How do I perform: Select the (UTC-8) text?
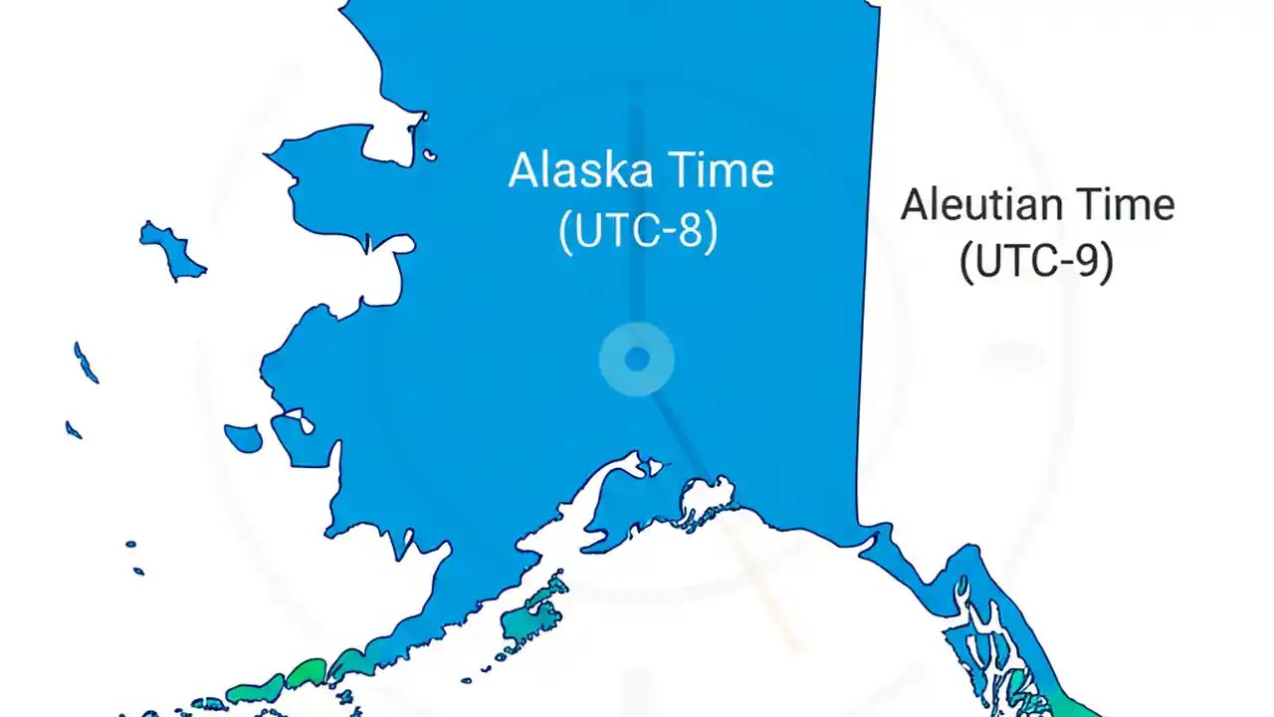638,232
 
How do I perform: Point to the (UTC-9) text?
1036,262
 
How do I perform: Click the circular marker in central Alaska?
637,358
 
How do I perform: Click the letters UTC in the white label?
614,232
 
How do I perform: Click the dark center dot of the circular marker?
637,358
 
